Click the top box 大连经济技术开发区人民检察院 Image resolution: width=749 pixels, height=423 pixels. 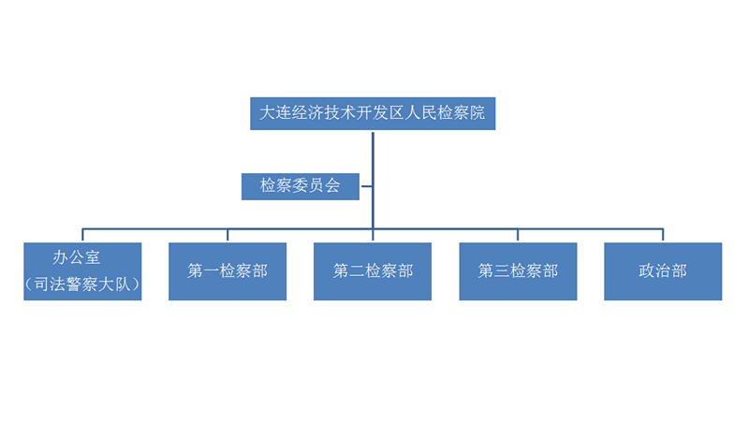(373, 113)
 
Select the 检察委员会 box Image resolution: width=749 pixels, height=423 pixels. (300, 186)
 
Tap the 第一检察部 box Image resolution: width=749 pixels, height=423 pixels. (228, 271)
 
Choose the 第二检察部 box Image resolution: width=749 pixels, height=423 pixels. (373, 271)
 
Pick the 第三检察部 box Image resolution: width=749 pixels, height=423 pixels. (518, 271)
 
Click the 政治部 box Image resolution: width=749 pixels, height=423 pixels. (663, 271)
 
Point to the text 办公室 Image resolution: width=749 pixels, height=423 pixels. (77, 257)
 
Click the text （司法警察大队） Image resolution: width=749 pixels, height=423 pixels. (82, 284)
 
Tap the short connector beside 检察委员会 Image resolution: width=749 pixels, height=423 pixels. (366, 186)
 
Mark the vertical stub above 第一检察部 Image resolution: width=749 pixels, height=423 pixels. (228, 235)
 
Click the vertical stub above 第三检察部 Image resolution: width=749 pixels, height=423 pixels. (518, 235)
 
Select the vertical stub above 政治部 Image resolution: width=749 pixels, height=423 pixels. (663, 235)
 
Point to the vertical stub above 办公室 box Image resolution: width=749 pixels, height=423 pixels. (82, 235)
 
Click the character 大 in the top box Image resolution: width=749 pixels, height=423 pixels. (268, 113)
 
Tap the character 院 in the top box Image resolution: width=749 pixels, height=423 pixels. (477, 113)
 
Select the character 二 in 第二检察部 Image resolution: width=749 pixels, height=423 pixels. (357, 271)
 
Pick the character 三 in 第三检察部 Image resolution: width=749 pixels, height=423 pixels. (502, 271)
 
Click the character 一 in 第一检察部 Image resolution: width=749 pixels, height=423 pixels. (212, 271)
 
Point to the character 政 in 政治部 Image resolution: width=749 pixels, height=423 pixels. (647, 271)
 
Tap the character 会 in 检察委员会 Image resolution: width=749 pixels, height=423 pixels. (332, 185)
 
